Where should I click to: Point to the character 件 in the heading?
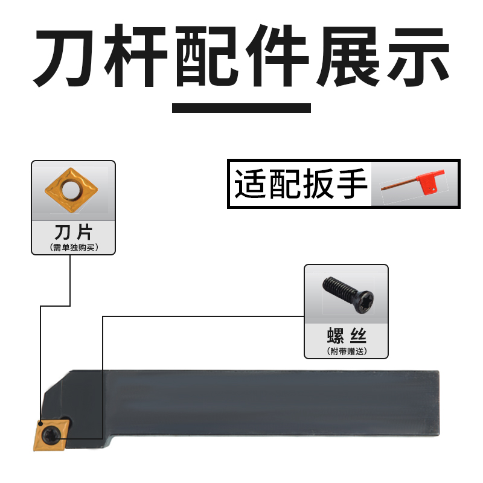point(276,57)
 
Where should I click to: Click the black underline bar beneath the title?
point(241,108)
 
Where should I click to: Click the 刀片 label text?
point(72,233)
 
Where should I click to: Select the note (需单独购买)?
point(72,246)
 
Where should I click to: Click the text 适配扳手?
point(301,184)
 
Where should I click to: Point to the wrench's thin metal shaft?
point(401,188)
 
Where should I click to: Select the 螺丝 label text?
point(346,336)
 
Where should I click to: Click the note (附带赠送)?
point(346,351)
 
